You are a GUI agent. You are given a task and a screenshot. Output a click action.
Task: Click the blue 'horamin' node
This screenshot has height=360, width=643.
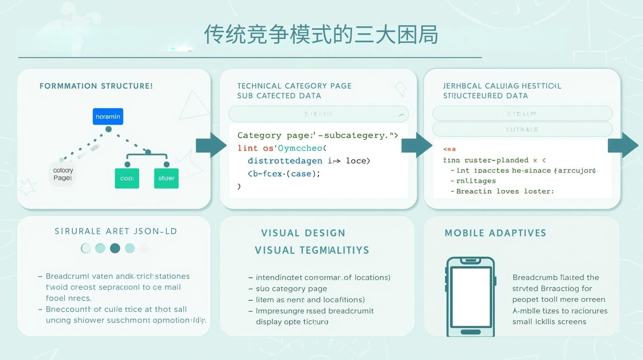click(x=108, y=117)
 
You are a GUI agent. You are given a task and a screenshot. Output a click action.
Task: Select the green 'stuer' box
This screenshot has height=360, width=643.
click(x=166, y=178)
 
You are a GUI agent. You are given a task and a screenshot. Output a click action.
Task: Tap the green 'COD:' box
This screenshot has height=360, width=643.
click(x=127, y=178)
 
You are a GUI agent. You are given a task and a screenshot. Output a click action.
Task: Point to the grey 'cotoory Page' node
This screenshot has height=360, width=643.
click(x=63, y=174)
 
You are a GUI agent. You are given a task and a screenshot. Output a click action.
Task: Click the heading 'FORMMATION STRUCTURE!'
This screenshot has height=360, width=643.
click(x=96, y=86)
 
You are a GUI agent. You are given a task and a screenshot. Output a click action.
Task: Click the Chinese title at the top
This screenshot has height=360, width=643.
click(x=321, y=35)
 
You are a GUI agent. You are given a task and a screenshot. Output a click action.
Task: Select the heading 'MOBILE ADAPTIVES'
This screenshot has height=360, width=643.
click(x=495, y=233)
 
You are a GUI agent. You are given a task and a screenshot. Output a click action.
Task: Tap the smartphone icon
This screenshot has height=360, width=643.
click(x=471, y=297)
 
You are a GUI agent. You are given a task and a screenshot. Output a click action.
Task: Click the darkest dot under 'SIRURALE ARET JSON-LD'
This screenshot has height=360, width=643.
click(x=115, y=248)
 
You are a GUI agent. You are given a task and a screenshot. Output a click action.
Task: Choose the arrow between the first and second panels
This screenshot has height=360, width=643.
click(x=211, y=145)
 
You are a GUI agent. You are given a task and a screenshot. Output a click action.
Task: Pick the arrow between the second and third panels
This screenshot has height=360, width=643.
click(x=417, y=145)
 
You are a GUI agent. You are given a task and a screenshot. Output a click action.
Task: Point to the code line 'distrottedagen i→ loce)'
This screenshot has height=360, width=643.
click(x=309, y=161)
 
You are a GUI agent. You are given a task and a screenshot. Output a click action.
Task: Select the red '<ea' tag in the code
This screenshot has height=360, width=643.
click(x=449, y=149)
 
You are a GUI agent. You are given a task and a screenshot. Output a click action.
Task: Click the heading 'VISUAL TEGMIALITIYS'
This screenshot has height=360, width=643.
click(x=312, y=250)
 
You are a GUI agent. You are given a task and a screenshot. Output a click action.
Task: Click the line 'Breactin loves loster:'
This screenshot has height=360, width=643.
click(x=505, y=191)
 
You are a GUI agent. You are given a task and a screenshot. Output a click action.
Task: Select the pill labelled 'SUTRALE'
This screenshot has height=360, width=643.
click(x=522, y=129)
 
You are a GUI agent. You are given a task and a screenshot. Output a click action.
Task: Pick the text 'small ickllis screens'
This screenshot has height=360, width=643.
click(x=549, y=321)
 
